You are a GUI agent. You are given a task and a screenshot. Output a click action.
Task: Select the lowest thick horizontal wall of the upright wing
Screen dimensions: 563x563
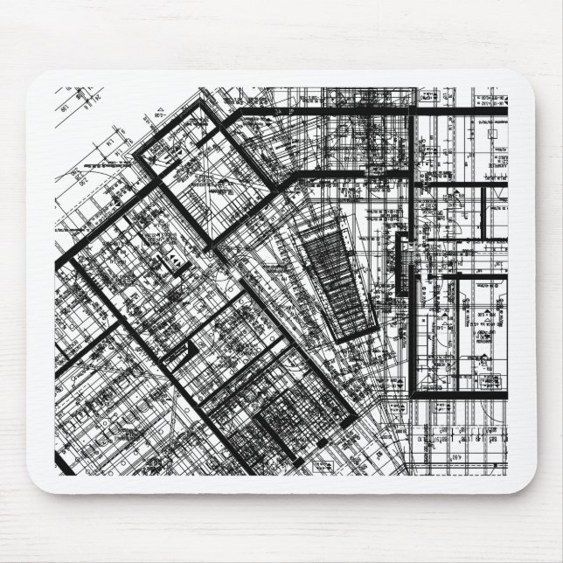point(458,394)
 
